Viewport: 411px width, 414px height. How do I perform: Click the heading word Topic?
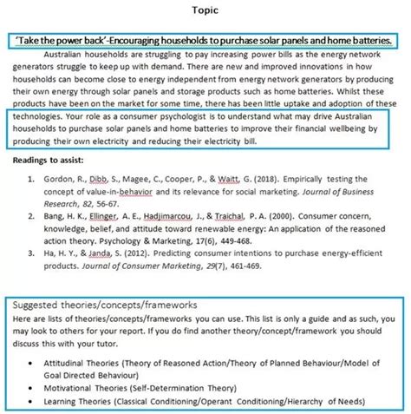click(x=205, y=11)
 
